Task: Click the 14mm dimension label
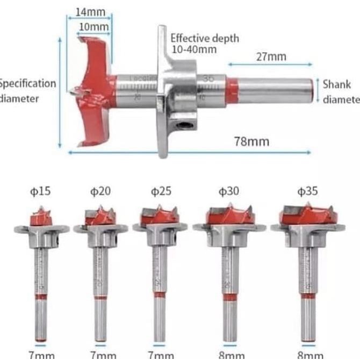(x=87, y=12)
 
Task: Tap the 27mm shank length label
(x=271, y=56)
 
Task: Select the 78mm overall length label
(x=251, y=142)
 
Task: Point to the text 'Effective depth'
(x=205, y=39)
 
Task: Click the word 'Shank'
(x=336, y=84)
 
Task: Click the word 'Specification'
(x=27, y=84)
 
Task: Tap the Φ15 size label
(x=41, y=192)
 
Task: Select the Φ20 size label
(x=99, y=192)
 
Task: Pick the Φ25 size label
(x=161, y=192)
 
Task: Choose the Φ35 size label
(x=308, y=192)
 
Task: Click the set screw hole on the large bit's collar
(x=184, y=125)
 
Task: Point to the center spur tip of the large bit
(x=71, y=91)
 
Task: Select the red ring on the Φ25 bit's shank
(x=160, y=294)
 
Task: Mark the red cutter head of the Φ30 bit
(x=229, y=216)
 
